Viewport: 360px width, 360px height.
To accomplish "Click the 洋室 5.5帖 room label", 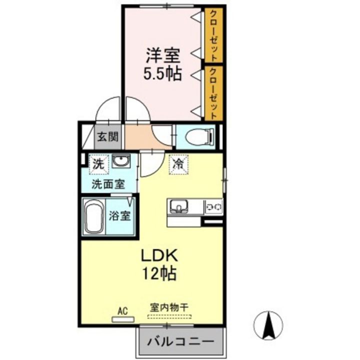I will [162, 63].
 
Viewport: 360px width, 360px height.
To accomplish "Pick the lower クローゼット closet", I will [213, 93].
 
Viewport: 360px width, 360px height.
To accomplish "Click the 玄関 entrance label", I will [107, 136].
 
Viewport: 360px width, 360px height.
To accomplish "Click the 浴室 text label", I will [120, 216].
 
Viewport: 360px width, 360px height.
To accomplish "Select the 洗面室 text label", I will [107, 183].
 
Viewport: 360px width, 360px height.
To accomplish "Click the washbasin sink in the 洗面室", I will [120, 161].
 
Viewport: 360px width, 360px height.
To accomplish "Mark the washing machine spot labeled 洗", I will [98, 163].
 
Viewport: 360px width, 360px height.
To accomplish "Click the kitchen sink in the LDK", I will [178, 205].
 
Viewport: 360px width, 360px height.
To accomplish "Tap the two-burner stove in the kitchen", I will [214, 205].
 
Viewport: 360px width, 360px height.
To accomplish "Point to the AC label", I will [122, 311].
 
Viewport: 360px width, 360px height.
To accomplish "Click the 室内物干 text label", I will [168, 308].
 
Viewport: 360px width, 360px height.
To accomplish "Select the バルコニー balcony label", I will [180, 343].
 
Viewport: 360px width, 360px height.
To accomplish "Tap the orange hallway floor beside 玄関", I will [138, 136].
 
